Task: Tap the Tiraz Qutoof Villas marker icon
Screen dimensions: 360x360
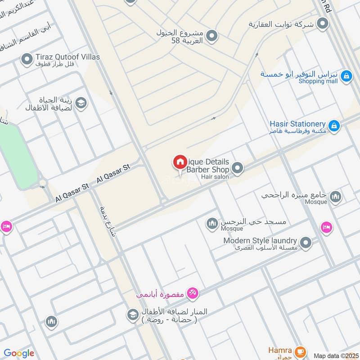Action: (27, 58)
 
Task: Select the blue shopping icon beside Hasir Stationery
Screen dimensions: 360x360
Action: (334, 126)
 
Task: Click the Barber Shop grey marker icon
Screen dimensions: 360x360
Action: (238, 169)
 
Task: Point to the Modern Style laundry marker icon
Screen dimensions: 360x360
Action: (306, 243)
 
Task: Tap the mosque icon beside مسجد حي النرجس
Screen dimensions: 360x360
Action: (212, 223)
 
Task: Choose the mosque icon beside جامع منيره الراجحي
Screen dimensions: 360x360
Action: (335, 197)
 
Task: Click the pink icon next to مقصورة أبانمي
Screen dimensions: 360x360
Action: (193, 293)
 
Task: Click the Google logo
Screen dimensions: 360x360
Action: (19, 353)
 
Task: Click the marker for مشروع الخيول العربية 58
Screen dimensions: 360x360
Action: (212, 35)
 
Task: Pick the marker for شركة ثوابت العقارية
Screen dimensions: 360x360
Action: (322, 23)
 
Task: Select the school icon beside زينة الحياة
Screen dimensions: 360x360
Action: (81, 103)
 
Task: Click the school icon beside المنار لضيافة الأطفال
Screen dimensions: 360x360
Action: (133, 314)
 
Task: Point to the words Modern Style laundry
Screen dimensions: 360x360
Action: (260, 241)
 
